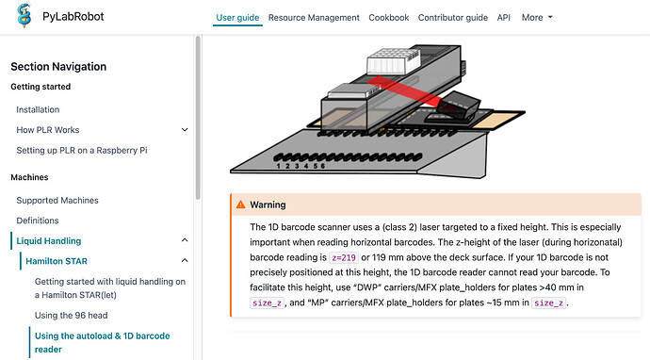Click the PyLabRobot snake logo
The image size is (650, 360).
point(24,16)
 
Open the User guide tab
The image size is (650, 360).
point(237,18)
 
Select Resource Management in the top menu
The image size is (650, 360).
point(314,18)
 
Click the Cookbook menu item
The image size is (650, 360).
point(389,18)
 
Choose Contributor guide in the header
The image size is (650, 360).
point(453,18)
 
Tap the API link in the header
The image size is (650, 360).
point(504,18)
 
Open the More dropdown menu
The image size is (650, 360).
point(537,17)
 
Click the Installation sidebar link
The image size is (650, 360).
point(38,109)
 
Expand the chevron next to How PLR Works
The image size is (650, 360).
point(185,130)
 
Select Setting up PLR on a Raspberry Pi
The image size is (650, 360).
point(82,150)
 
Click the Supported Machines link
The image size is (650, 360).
point(57,201)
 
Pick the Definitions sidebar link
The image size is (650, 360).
point(38,221)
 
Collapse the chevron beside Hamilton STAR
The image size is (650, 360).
point(185,261)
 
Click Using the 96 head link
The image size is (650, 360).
point(71,315)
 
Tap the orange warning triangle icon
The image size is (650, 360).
point(240,205)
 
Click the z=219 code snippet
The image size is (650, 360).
point(344,257)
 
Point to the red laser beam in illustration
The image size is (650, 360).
point(405,91)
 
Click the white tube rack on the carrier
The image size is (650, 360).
point(394,61)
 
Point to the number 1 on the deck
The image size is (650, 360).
point(278,166)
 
